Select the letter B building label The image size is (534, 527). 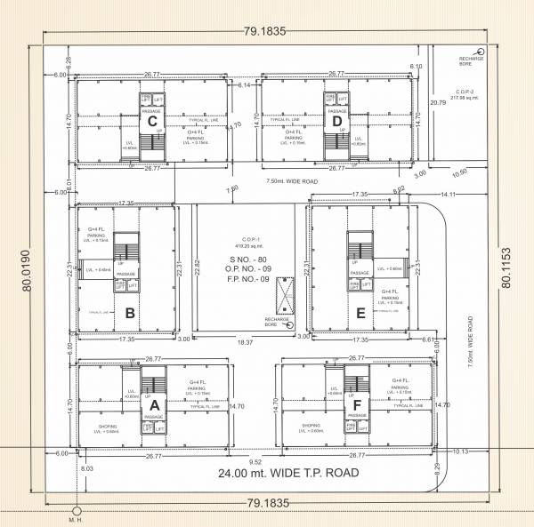click(x=130, y=313)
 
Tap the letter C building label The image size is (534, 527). click(x=153, y=121)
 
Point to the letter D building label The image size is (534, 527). click(x=337, y=121)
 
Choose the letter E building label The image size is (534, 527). click(x=360, y=313)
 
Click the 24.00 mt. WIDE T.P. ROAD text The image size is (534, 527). click(x=288, y=474)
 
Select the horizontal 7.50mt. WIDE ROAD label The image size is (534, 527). click(x=293, y=181)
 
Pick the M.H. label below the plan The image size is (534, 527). click(x=76, y=521)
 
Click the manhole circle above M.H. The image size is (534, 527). click(x=77, y=510)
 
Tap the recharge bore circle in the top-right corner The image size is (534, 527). click(x=481, y=52)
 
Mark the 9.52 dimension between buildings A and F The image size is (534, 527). click(x=255, y=462)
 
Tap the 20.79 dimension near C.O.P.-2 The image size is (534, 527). click(x=438, y=103)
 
